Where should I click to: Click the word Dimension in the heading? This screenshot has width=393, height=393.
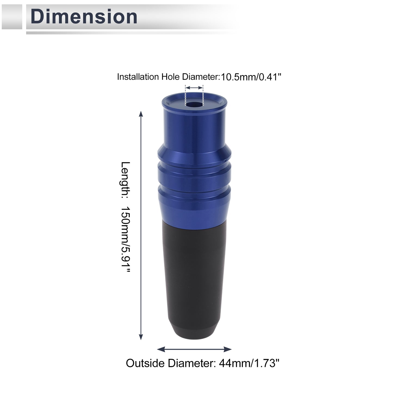point(84,17)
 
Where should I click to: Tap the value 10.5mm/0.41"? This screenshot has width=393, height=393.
point(251,77)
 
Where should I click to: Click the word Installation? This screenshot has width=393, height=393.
point(138,77)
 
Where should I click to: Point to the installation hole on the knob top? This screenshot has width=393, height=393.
point(194,104)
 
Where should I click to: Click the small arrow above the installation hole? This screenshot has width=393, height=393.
point(194,88)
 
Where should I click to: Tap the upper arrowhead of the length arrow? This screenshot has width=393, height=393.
point(141,114)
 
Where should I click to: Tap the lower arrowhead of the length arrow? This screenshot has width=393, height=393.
point(141,337)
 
